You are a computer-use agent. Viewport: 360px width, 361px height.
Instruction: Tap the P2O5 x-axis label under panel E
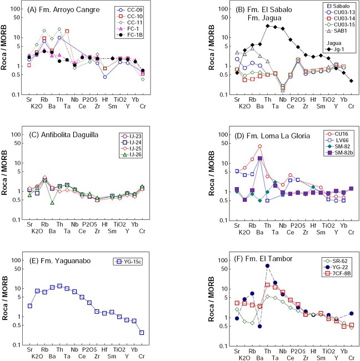click(89, 345)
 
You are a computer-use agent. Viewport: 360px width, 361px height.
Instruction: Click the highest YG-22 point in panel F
click(267, 265)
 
